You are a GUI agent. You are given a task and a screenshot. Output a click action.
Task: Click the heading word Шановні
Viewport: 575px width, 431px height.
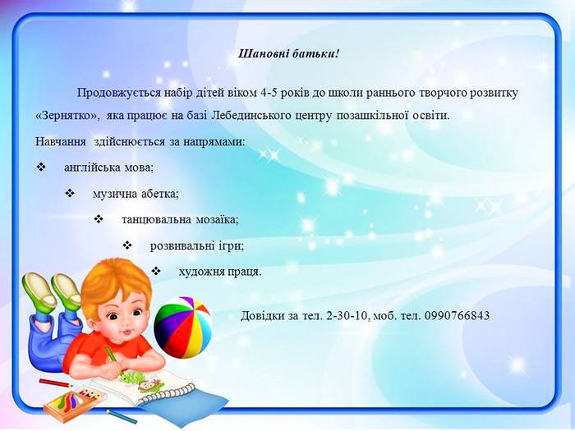tap(264, 54)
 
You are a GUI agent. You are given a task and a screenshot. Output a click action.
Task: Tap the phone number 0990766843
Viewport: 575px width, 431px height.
tap(457, 315)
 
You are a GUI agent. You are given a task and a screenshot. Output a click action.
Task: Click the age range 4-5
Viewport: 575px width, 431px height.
tap(270, 93)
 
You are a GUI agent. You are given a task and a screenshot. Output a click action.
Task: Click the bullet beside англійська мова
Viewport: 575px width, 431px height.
tap(40, 167)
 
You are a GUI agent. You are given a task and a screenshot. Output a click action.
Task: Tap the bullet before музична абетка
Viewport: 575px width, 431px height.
tap(70, 193)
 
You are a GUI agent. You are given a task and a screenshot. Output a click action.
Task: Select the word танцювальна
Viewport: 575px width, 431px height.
tap(156, 220)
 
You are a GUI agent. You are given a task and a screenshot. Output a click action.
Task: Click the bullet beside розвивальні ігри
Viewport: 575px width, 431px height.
tap(126, 245)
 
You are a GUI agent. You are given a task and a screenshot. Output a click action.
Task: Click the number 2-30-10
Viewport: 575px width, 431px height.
tap(347, 315)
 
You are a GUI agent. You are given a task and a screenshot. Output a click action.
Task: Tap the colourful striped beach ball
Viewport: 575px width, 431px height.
tap(182, 328)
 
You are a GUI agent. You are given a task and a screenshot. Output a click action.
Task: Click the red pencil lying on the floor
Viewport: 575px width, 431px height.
tap(55, 383)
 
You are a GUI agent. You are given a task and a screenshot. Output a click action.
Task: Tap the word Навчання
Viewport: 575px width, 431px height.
tap(61, 142)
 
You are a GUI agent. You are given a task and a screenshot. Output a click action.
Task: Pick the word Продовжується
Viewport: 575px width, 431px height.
tap(119, 93)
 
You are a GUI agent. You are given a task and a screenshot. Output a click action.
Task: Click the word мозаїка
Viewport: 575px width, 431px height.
tap(217, 220)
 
